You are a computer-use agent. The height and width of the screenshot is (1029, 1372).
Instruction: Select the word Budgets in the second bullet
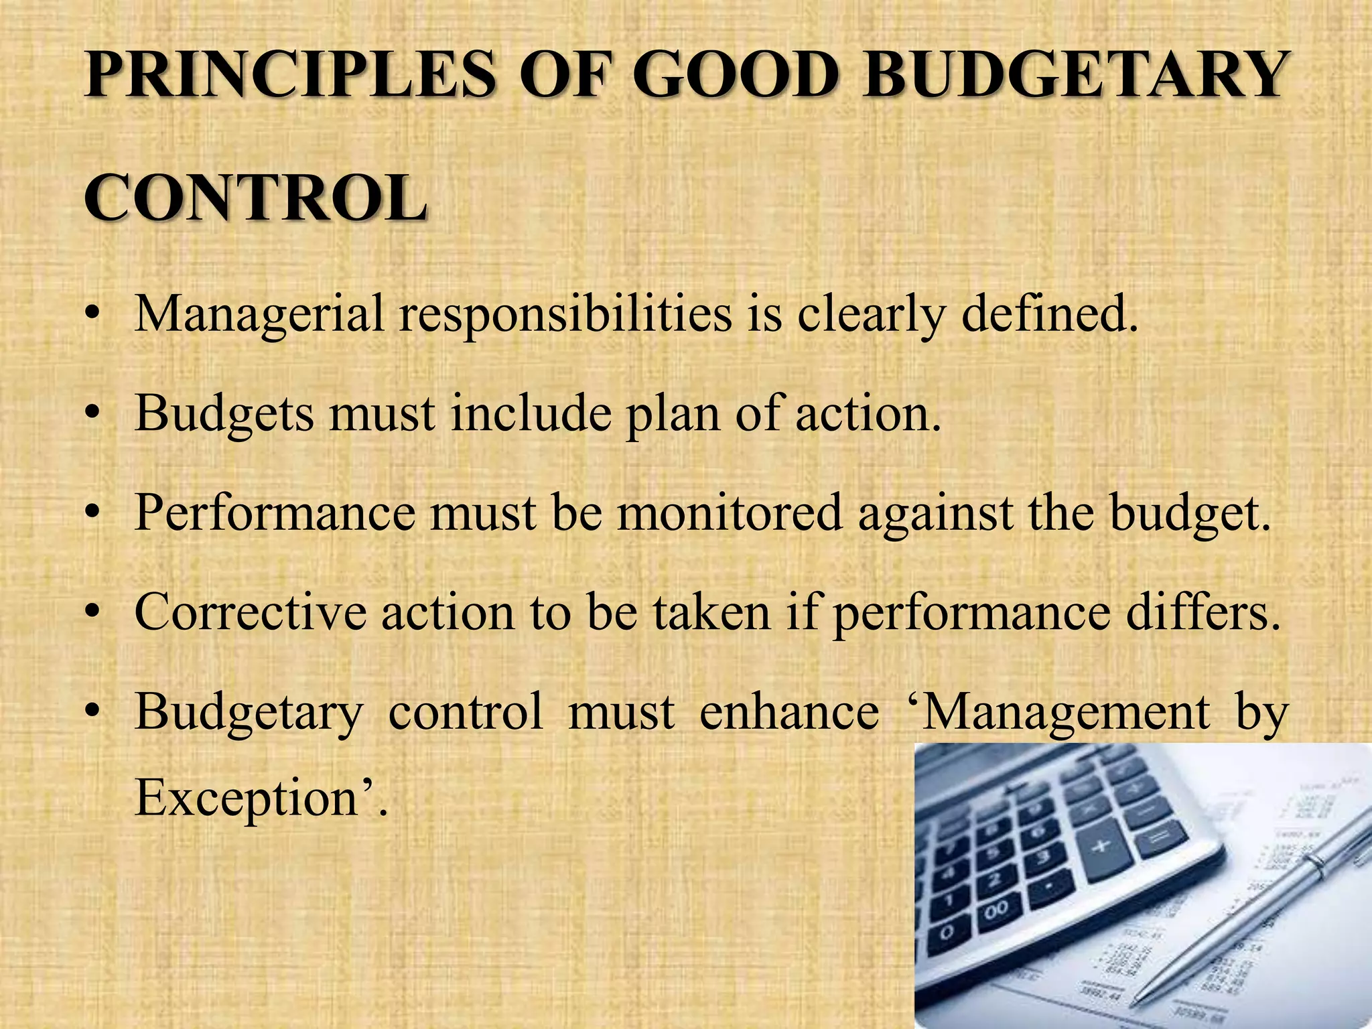tap(224, 413)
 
